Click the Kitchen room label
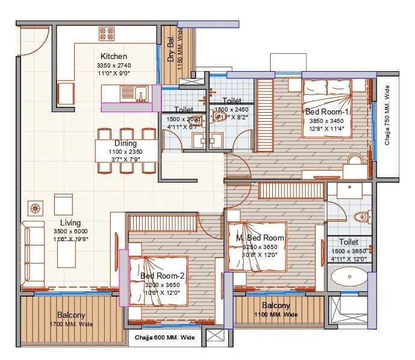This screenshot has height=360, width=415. tap(114, 57)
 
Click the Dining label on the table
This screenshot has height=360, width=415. tap(126, 144)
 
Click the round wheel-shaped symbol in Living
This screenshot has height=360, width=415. tap(35, 208)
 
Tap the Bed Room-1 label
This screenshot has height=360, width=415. tap(327, 112)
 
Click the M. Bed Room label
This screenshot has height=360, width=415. tap(260, 238)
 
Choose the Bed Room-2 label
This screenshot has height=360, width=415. tap(162, 276)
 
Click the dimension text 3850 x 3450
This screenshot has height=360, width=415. tap(325, 121)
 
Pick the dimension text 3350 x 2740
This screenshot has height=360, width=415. tap(114, 65)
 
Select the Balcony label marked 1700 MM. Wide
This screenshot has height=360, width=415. tap(71, 315)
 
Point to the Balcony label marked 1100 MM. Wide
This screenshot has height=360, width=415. tap(276, 306)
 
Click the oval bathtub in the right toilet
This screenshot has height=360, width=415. tap(349, 279)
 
